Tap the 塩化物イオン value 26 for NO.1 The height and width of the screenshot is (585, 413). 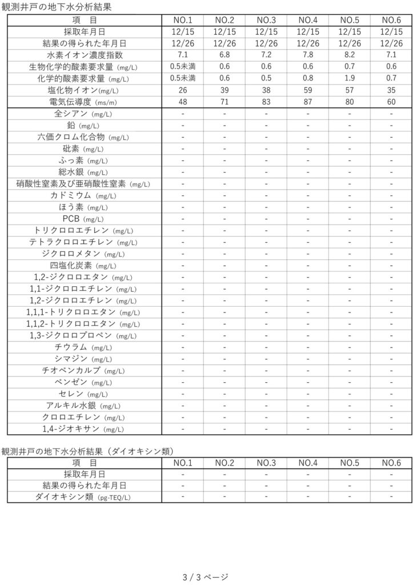pos(183,90)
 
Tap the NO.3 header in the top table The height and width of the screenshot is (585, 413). pos(266,20)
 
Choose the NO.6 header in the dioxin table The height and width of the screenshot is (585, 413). pos(391,462)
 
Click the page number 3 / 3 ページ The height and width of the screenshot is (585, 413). pos(206,576)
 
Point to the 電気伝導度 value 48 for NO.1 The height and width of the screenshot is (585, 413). pos(183,102)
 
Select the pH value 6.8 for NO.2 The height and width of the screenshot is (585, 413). pos(224,55)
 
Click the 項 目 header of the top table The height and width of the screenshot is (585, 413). pos(84,20)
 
